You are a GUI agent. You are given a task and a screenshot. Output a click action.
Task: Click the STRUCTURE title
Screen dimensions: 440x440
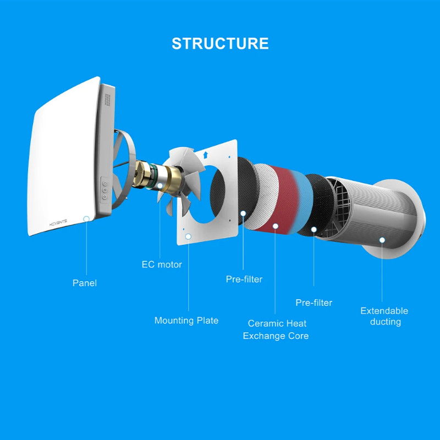[x=220, y=43]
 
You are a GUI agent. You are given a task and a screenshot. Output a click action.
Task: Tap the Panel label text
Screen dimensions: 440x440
[x=85, y=283]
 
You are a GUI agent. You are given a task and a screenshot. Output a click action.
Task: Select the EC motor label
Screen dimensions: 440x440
[x=162, y=265]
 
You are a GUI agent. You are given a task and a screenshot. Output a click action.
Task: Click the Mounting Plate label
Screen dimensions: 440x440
[x=186, y=321]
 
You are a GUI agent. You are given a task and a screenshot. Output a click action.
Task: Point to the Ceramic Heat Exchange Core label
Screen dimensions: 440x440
[x=276, y=329]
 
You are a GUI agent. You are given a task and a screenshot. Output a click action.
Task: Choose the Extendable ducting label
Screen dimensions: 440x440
[x=384, y=316]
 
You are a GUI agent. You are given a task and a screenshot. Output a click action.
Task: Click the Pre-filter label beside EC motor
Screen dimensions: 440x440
[x=244, y=279]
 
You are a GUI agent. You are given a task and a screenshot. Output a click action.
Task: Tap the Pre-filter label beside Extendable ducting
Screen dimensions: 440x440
[x=313, y=302]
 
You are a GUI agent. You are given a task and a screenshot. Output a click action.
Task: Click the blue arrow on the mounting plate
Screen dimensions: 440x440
[x=205, y=155]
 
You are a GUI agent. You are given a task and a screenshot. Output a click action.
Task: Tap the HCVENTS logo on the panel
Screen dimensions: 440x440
[x=58, y=223]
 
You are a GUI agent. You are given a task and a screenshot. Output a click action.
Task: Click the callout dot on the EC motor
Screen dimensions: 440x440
[x=159, y=185]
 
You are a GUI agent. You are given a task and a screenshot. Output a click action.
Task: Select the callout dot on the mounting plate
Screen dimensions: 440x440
[x=188, y=237]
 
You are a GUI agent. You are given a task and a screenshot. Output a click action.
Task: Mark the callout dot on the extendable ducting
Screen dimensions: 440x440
[x=382, y=240]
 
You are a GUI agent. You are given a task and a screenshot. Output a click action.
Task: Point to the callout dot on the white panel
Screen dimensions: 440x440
[x=86, y=219]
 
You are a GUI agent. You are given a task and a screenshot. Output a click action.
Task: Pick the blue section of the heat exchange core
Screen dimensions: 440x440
[x=302, y=202]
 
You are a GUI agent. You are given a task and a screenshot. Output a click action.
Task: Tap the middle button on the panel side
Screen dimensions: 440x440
[x=105, y=190]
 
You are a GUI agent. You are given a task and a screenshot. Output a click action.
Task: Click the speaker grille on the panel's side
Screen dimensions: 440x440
[x=107, y=100]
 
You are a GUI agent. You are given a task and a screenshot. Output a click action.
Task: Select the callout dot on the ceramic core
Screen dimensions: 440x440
[x=276, y=226]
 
